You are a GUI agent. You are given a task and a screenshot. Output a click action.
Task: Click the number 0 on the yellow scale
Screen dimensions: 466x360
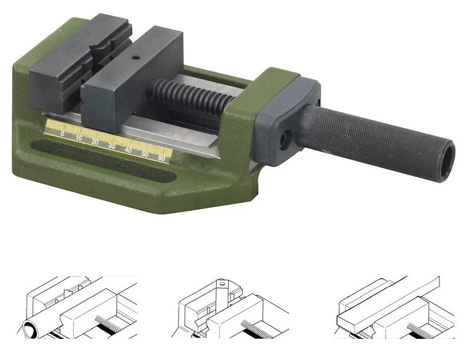tap(62, 133)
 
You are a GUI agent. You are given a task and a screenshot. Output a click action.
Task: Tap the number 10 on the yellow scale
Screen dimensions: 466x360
tap(78, 138)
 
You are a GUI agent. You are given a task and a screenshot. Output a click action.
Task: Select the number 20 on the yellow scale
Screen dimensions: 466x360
tap(95, 142)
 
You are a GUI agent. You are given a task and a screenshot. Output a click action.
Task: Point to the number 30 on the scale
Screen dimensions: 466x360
tap(112, 146)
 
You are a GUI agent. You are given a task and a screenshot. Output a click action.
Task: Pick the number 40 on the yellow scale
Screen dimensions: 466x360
tap(128, 150)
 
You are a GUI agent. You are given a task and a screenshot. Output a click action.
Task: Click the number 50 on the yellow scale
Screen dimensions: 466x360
tap(145, 154)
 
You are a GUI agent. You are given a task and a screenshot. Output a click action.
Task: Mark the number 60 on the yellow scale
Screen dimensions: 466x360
tap(161, 158)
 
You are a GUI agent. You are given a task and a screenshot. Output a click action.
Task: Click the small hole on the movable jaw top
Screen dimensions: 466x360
tap(136, 58)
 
